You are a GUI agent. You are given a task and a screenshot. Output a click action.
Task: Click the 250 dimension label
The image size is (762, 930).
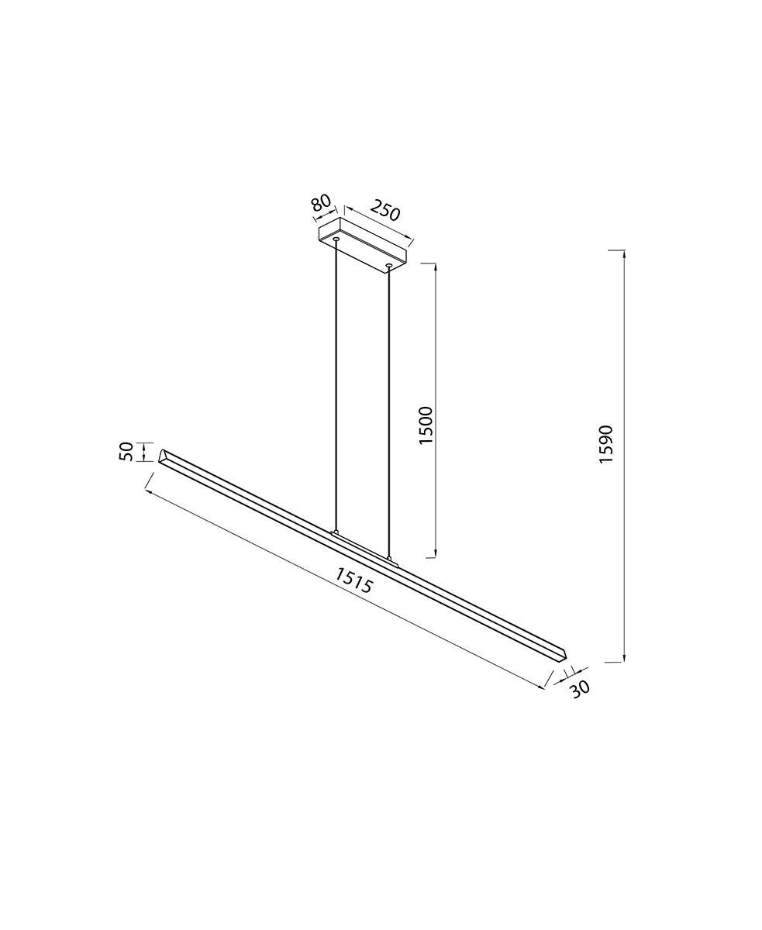tap(384, 210)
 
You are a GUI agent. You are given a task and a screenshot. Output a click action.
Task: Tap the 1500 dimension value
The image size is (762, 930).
tap(426, 425)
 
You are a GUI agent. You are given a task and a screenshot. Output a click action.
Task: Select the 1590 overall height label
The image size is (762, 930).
tap(606, 444)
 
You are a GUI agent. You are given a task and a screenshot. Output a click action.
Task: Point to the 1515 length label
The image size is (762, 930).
tap(354, 580)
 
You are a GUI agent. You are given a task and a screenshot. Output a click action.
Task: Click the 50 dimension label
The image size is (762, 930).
tap(126, 452)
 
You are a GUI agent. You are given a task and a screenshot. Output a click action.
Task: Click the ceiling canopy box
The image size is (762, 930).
tap(363, 245)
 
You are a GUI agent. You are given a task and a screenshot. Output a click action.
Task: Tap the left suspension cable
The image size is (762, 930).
tap(336, 385)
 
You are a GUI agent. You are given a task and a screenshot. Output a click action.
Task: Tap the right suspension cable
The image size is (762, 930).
tap(389, 412)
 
